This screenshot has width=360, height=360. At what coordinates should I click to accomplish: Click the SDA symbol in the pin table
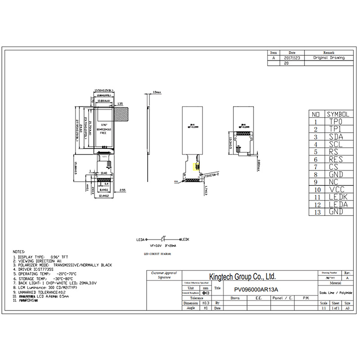pyautogui.click(x=335, y=137)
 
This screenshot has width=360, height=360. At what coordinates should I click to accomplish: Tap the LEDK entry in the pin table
pyautogui.click(x=335, y=197)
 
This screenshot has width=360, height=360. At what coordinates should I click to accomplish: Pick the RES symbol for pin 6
pyautogui.click(x=335, y=159)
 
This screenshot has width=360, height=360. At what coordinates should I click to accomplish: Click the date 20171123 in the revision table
pyautogui.click(x=292, y=58)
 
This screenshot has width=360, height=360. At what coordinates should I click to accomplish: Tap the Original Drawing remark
pyautogui.click(x=329, y=58)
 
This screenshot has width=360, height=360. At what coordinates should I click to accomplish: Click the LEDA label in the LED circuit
pyautogui.click(x=140, y=240)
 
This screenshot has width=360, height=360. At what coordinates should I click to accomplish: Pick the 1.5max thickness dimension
pyautogui.click(x=157, y=92)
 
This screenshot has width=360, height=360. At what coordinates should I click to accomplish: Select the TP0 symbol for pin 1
pyautogui.click(x=335, y=121)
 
